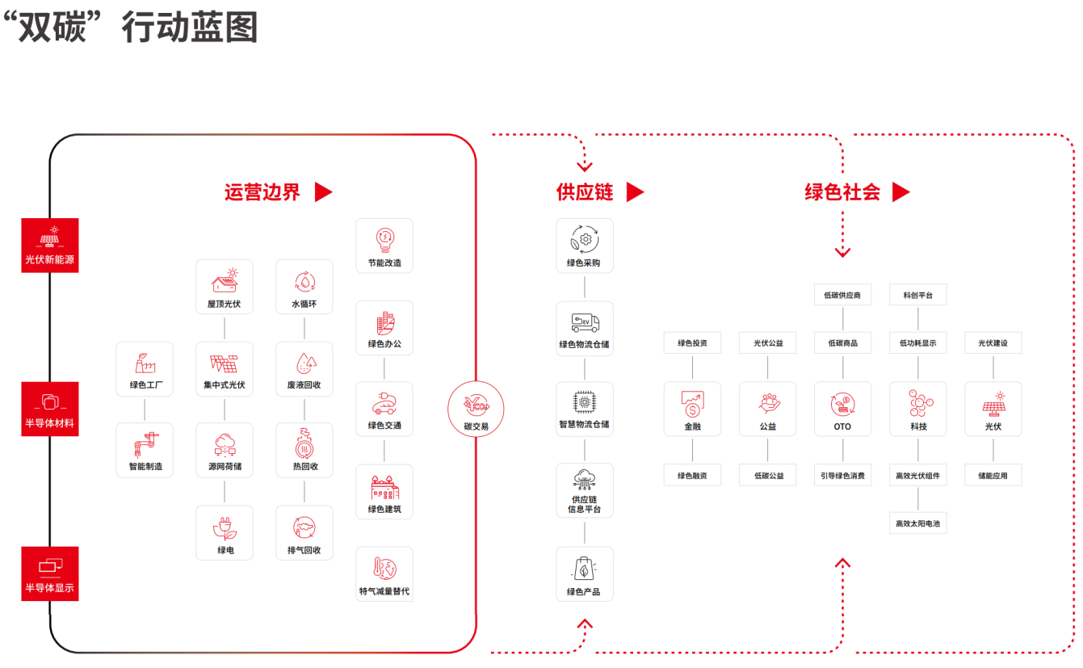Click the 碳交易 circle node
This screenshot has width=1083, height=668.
(476, 409)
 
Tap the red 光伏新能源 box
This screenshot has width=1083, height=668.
(50, 245)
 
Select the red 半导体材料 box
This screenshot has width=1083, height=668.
(50, 409)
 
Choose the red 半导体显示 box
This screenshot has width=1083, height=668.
(50, 573)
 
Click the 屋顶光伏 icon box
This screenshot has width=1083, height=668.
(224, 287)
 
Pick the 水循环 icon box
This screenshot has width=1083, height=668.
(304, 287)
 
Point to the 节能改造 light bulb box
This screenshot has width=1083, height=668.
(384, 246)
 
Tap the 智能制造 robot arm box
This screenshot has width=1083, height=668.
(145, 450)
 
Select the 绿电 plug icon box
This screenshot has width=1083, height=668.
(224, 532)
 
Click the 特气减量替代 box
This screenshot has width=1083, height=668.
(384, 573)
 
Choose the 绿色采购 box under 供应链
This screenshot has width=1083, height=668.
(585, 246)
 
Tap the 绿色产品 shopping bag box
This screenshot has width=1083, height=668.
(585, 573)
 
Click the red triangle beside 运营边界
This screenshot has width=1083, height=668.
(323, 191)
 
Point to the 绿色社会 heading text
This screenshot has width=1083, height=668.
(842, 191)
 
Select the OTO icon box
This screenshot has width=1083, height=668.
(842, 409)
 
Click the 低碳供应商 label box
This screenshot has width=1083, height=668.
(842, 295)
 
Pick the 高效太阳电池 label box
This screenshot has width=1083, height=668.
(917, 523)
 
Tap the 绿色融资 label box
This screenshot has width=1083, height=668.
(692, 476)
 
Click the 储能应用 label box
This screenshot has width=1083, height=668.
(993, 476)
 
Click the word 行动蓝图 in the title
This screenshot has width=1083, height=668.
(190, 27)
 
